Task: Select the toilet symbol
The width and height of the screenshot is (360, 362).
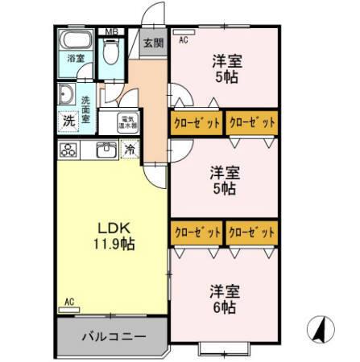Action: [x=112, y=53]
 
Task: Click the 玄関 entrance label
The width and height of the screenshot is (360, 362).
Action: [x=153, y=43]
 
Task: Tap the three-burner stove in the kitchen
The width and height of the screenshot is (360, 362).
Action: [x=68, y=150]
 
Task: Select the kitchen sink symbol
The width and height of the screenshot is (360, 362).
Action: [x=106, y=150]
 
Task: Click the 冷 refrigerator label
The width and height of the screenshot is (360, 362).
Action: [x=130, y=149]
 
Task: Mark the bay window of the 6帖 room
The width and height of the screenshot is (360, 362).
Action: [x=223, y=349]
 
